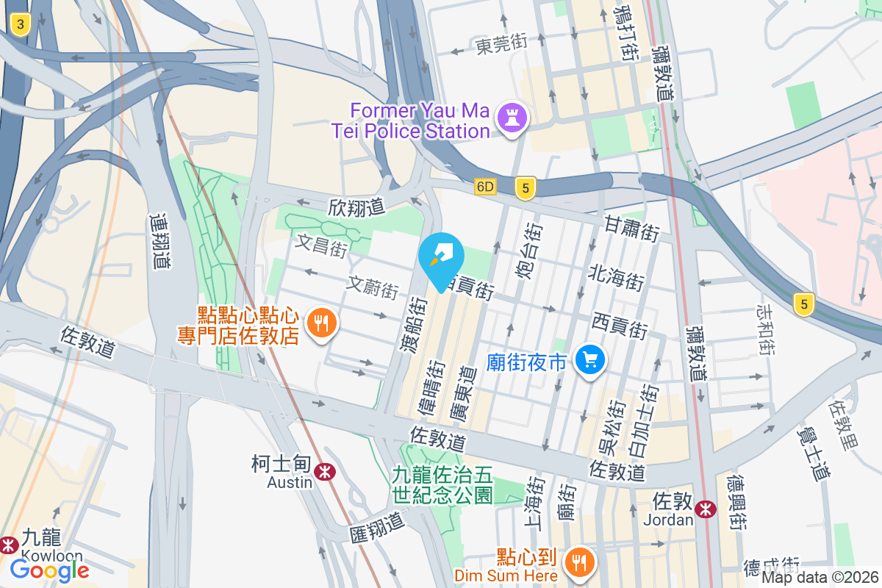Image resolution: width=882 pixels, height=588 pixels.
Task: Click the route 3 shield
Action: coord(21,26)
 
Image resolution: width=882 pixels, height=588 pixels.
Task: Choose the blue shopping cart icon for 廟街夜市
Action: coord(590,360)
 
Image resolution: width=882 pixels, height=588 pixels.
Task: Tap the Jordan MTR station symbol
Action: coord(706,507)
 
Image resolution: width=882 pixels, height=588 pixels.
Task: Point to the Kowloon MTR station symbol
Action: coord(9,545)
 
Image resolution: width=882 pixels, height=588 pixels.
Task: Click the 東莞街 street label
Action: coord(501,46)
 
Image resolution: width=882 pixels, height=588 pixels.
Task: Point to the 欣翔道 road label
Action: coord(356,208)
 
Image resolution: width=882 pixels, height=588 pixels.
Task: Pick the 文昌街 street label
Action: coord(321,245)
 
